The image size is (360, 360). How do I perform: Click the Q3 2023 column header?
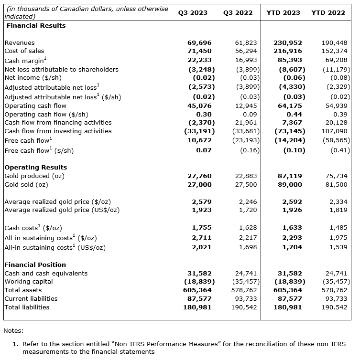(193, 13)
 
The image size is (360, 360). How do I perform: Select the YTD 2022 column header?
(328, 13)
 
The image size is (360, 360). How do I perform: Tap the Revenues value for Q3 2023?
(199, 43)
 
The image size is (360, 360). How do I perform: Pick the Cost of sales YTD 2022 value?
(335, 51)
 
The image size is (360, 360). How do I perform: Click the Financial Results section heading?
(35, 25)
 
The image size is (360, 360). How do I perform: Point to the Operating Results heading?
(35, 168)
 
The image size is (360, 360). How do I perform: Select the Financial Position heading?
(35, 265)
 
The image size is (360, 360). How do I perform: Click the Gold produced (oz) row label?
(33, 176)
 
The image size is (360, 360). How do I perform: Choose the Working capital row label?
(28, 282)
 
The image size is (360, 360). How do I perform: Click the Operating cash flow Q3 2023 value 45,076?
(199, 106)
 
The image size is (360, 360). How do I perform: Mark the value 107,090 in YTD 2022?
(335, 131)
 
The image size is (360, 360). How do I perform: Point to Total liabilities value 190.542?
(335, 307)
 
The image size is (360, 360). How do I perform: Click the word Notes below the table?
(13, 330)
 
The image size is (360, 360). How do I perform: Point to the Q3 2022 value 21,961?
(246, 123)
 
